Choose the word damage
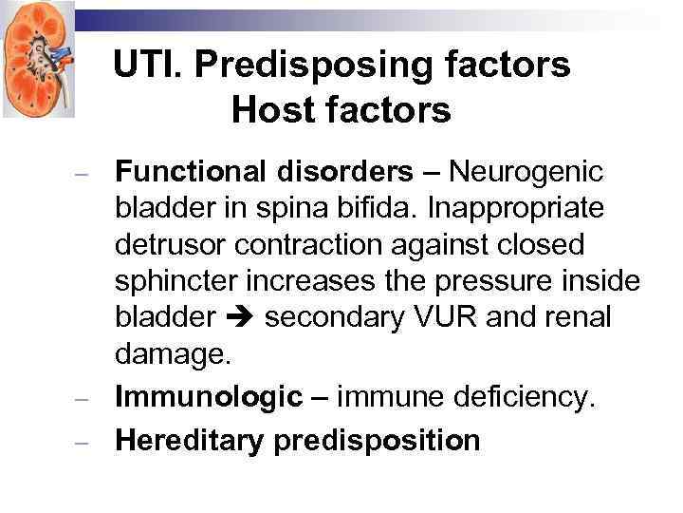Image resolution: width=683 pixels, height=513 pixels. point(172,353)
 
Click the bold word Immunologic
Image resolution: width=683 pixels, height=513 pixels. point(208,397)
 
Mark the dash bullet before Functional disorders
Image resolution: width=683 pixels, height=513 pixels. point(83,175)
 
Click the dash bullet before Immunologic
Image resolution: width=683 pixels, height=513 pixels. point(83,399)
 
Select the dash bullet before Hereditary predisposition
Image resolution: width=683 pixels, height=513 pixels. point(83,443)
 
